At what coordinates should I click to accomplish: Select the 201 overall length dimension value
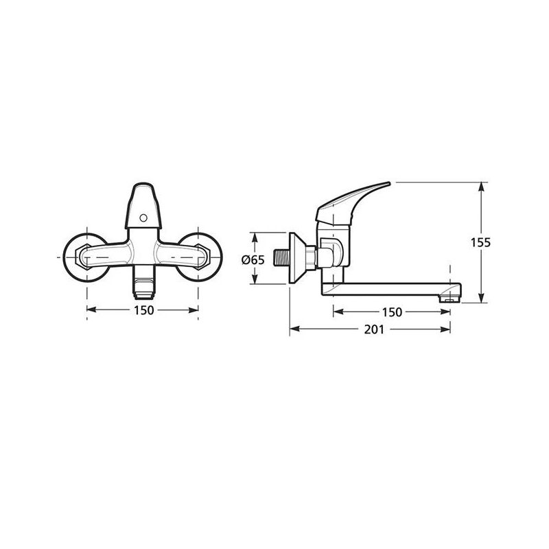pyautogui.click(x=372, y=330)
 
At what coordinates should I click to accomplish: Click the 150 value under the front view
pyautogui.click(x=143, y=310)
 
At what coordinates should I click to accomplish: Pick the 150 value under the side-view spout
pyautogui.click(x=391, y=312)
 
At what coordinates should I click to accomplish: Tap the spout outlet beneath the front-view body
pyautogui.click(x=143, y=285)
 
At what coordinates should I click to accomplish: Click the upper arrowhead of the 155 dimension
pyautogui.click(x=484, y=186)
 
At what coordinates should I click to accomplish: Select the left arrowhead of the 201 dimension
pyautogui.click(x=294, y=329)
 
